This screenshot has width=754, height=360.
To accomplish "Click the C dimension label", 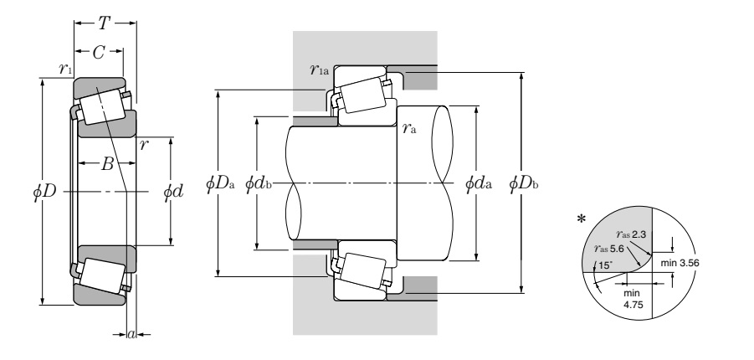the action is click(x=99, y=52).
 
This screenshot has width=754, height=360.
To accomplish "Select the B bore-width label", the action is click(x=107, y=164).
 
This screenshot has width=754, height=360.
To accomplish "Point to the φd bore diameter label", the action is click(x=172, y=192).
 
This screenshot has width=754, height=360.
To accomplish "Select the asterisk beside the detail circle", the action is click(x=582, y=220).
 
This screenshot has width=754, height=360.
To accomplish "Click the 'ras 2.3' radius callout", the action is click(x=630, y=235).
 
